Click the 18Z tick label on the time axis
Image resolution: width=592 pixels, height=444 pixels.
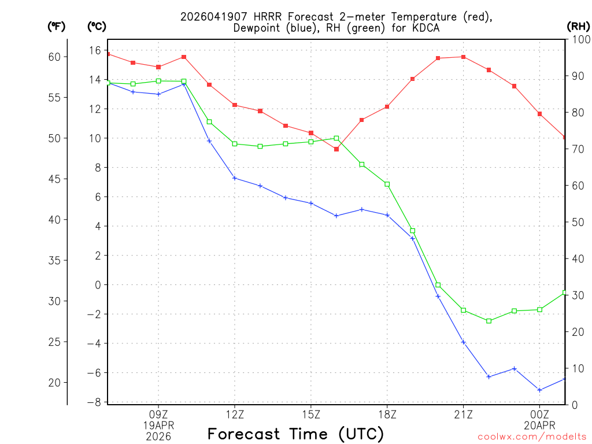387,414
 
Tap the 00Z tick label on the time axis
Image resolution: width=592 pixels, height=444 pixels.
539,414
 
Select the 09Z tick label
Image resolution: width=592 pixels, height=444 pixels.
158,414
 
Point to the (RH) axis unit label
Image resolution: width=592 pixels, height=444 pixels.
578,27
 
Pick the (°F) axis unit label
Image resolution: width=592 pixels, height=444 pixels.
57,27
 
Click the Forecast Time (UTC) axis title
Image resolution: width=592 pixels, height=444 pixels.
295,434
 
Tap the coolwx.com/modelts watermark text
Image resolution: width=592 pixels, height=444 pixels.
532,436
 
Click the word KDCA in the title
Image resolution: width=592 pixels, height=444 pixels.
423,28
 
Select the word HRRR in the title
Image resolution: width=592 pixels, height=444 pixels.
267,17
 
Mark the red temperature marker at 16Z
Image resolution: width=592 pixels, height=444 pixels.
336,149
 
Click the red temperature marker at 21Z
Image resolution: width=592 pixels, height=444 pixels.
464,57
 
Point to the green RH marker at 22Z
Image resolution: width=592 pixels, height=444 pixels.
489,321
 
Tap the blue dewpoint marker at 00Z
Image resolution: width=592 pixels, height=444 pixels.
540,390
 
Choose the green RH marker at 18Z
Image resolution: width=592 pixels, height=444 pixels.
387,184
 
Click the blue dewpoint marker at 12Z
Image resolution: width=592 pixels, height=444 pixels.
235,178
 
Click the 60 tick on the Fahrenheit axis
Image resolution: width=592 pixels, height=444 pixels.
54,57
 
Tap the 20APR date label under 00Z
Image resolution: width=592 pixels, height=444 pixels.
539,425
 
